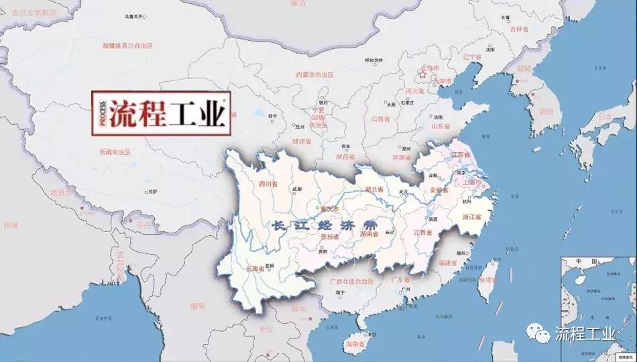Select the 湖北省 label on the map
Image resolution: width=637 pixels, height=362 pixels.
(374, 190)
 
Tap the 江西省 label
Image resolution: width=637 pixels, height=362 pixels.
(423, 233)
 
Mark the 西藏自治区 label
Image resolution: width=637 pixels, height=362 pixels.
(114, 152)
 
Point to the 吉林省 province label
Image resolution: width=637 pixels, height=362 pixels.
(520, 29)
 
